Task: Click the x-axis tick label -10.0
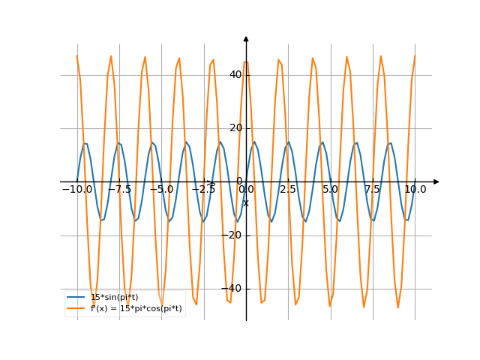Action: (x=77, y=190)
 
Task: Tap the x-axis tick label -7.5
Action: (x=119, y=190)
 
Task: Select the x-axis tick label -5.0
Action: (x=161, y=190)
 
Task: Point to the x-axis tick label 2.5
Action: (x=288, y=190)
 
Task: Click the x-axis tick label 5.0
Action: (x=330, y=190)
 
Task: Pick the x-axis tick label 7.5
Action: (x=373, y=190)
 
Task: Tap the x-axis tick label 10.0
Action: (x=415, y=190)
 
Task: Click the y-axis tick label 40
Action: (x=235, y=74)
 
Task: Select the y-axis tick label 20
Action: (x=235, y=127)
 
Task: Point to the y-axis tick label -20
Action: (x=234, y=235)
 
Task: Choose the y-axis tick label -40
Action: (x=234, y=288)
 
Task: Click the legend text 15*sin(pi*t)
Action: (x=114, y=298)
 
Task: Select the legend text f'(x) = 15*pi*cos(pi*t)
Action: (x=136, y=308)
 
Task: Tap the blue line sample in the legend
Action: (x=76, y=298)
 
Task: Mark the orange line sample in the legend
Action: (x=76, y=308)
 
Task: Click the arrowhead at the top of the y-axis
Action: (x=246, y=38)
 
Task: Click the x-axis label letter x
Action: (x=245, y=202)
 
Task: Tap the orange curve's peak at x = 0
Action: (x=246, y=62)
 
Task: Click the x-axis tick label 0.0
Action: (x=246, y=190)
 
